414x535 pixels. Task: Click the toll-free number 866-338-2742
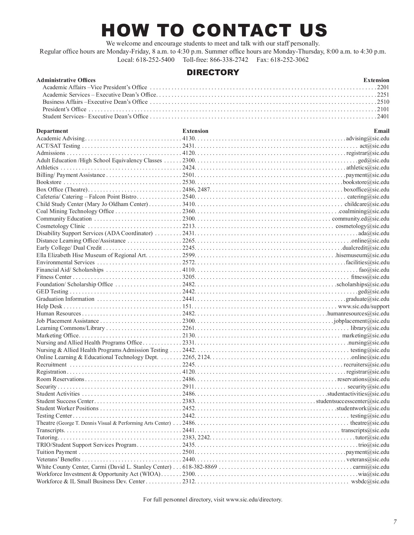click(x=229, y=60)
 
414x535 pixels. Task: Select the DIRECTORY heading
click(x=213, y=73)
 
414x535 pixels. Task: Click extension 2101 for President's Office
click(x=383, y=109)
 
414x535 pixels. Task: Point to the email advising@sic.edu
click(x=368, y=139)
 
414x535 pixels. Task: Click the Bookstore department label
click(x=49, y=182)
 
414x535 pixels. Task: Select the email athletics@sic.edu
click(x=368, y=168)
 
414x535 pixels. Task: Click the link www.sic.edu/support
click(x=364, y=306)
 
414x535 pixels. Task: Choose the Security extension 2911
click(x=188, y=387)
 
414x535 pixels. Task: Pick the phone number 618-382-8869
click(x=200, y=467)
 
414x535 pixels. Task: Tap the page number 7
click(x=395, y=522)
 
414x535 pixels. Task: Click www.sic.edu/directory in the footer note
click(x=254, y=500)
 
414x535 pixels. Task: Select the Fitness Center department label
click(x=54, y=277)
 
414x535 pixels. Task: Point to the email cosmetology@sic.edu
click(x=363, y=226)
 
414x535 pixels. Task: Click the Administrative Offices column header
click(x=66, y=80)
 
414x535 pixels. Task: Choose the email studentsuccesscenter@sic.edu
click(x=353, y=401)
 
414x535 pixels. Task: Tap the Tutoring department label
click(x=47, y=438)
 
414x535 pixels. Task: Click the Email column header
click(x=382, y=131)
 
